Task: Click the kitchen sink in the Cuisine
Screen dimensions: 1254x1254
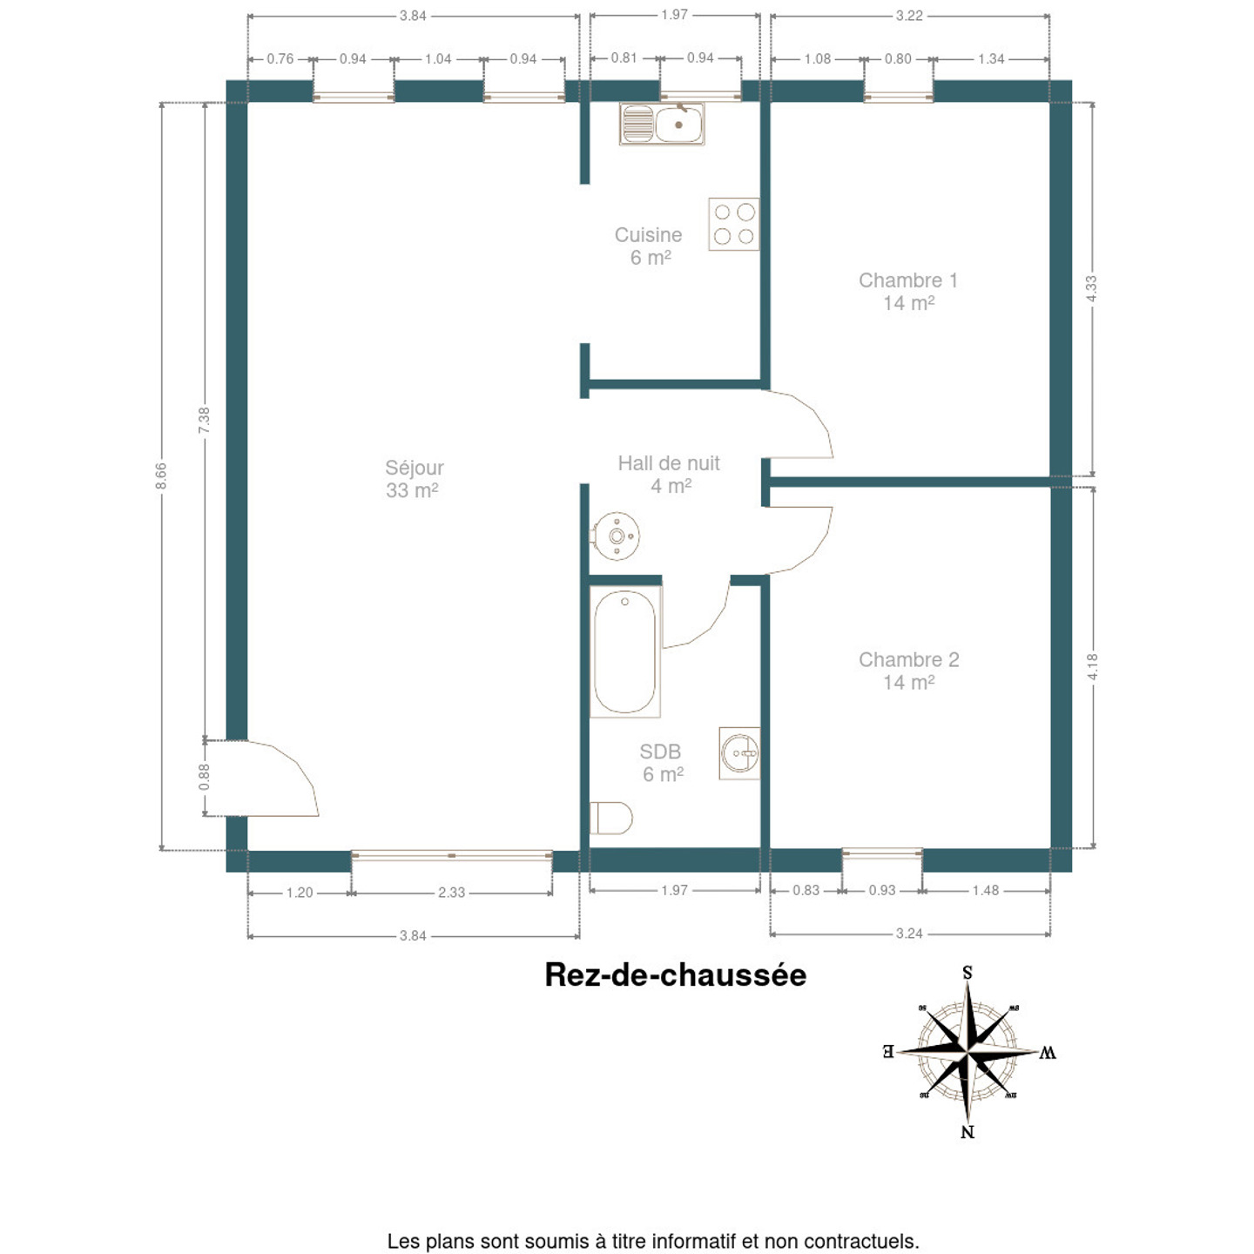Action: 661,124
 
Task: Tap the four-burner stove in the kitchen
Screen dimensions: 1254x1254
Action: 734,225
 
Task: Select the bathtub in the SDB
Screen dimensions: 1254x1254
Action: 625,652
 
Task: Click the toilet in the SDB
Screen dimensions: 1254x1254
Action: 611,818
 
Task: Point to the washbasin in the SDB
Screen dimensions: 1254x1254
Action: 740,753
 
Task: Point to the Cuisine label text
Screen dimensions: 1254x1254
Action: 649,235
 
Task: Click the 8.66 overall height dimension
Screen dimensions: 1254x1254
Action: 161,475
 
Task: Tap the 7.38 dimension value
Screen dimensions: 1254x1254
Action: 205,421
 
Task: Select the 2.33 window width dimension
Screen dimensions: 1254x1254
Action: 452,893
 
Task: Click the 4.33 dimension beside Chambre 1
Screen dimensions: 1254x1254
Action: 1091,288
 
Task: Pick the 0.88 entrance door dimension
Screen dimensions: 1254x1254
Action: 205,777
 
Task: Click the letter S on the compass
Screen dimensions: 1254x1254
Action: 967,973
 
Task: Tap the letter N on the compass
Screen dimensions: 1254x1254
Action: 967,1132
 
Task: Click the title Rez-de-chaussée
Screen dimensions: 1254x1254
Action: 676,975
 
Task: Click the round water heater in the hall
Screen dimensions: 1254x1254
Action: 617,536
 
